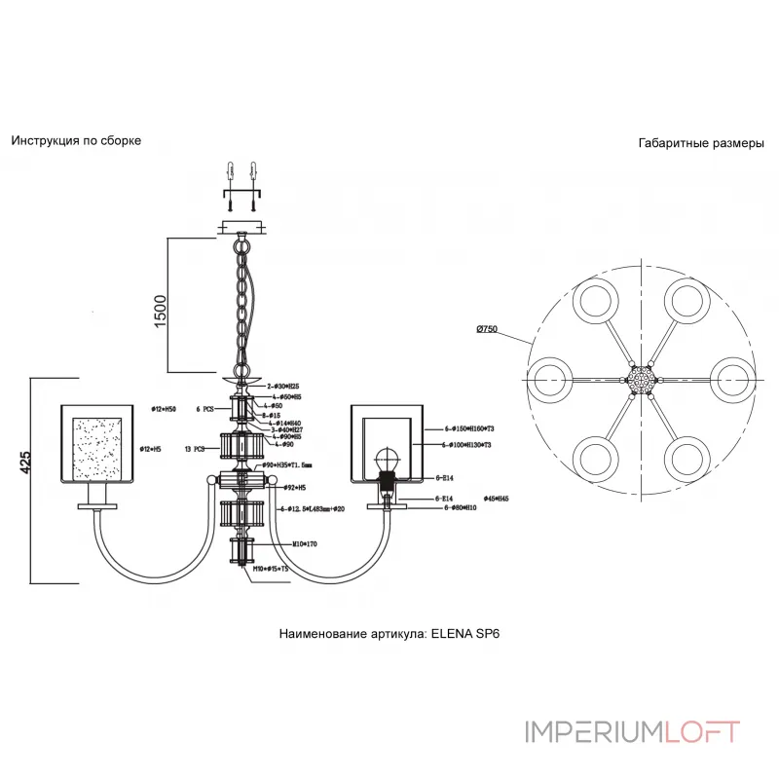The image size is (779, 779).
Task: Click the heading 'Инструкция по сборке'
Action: click(76, 140)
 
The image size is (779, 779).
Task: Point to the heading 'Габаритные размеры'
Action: click(701, 142)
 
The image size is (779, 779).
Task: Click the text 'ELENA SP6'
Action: click(465, 632)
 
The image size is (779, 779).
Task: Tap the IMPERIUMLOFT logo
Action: click(632, 731)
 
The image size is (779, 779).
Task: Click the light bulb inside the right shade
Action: click(389, 459)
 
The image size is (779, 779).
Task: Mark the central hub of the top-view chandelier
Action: click(640, 375)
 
